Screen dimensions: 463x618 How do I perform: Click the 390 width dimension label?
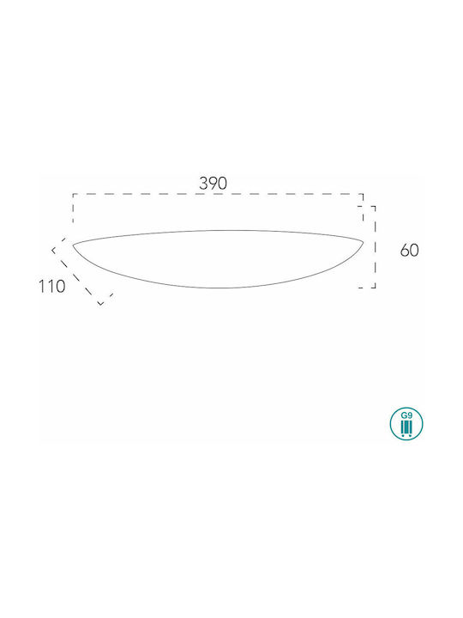(x=213, y=184)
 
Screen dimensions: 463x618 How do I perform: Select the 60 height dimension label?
(x=410, y=251)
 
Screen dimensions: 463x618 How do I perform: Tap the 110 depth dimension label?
(x=51, y=287)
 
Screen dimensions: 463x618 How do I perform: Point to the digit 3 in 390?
(x=203, y=184)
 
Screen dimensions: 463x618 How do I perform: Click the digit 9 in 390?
(x=213, y=184)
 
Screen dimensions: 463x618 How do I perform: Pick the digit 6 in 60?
(x=405, y=251)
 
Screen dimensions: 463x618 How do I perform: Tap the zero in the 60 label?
(x=415, y=251)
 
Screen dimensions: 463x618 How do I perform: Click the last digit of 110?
(x=60, y=287)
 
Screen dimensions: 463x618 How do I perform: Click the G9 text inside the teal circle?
(x=406, y=415)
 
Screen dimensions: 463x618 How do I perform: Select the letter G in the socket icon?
(x=404, y=415)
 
